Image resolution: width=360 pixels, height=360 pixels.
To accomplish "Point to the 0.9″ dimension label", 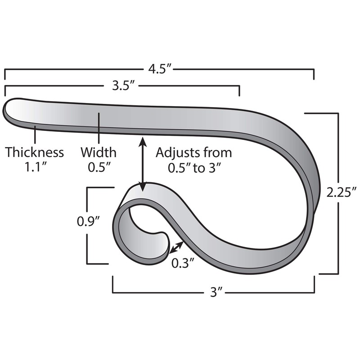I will click(x=88, y=221).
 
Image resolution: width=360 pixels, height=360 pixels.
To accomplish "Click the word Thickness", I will click(x=35, y=153).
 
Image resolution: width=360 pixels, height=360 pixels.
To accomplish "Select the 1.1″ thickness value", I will click(x=35, y=167).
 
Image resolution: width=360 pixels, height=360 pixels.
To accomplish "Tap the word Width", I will click(x=99, y=153).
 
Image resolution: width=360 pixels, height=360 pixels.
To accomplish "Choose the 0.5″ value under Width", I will click(x=99, y=167).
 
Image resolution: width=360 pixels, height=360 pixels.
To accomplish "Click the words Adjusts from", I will click(x=194, y=153).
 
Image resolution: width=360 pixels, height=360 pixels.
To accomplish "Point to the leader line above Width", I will click(x=99, y=128).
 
